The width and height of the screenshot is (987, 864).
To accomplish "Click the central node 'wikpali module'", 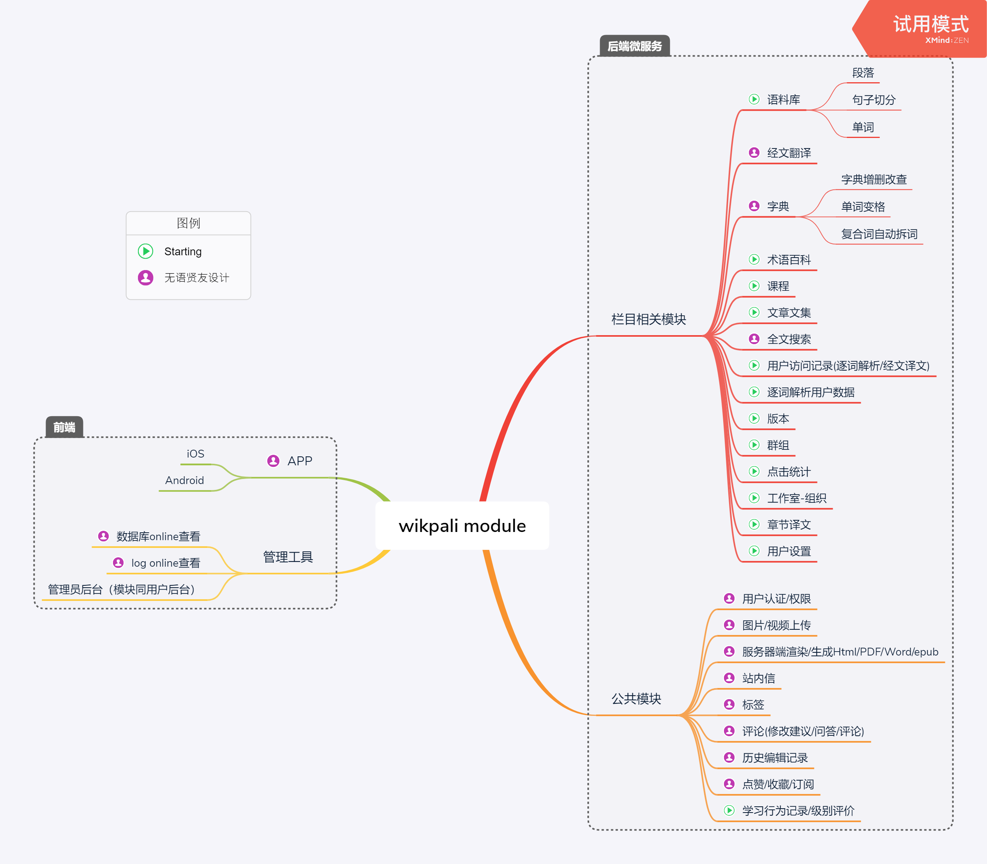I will [462, 526].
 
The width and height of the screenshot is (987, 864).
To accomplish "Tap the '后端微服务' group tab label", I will [634, 46].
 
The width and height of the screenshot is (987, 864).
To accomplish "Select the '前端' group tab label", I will [64, 427].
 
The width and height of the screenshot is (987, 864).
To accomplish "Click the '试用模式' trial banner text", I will [930, 24].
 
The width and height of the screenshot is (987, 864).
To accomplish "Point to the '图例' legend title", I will [188, 223].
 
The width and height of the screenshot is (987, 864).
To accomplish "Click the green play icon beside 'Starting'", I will [146, 251].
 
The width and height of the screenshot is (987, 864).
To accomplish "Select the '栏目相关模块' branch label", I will [648, 319].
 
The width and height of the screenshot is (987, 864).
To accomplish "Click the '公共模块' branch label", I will [636, 699].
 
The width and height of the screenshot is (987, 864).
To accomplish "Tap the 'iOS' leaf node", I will [195, 454].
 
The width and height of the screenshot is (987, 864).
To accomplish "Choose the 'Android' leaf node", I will [184, 480].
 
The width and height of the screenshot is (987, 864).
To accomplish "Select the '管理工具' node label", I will [288, 557].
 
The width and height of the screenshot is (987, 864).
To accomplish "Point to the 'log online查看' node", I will [165, 563].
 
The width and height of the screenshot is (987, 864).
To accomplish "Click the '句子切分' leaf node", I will [873, 100].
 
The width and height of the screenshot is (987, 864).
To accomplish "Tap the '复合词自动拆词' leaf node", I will [879, 234].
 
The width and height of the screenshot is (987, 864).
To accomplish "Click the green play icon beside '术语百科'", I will [754, 260].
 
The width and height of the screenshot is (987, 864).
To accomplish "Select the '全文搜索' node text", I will [789, 339].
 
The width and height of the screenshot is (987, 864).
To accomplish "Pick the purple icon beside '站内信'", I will [729, 678].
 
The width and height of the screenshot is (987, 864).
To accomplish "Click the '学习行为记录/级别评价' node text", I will [798, 811].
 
